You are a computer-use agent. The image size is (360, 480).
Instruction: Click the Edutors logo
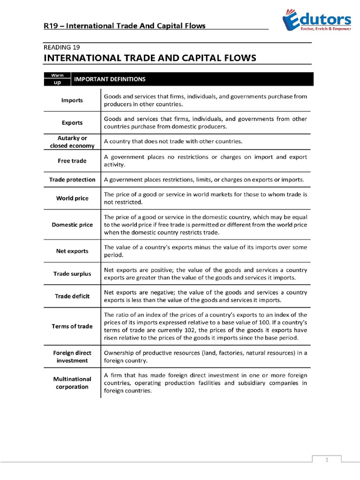[x=316, y=21]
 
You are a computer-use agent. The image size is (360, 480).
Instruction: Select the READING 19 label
[x=61, y=47]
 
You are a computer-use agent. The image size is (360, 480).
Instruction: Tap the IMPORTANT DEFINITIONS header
[x=110, y=79]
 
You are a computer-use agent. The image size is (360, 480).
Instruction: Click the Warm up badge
[x=57, y=79]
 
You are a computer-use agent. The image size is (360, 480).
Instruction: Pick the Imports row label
[x=72, y=100]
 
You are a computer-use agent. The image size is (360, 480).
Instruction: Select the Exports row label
[x=72, y=123]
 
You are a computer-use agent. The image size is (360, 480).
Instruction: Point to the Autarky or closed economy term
[x=72, y=142]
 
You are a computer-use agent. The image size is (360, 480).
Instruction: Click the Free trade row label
[x=72, y=161]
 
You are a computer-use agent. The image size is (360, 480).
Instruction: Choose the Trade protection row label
[x=72, y=180]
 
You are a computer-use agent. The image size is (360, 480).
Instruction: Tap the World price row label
[x=72, y=198]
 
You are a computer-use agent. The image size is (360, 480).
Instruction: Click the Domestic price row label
[x=72, y=225]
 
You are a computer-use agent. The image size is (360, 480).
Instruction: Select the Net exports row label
[x=72, y=251]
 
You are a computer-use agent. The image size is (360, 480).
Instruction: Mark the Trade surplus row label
[x=72, y=273]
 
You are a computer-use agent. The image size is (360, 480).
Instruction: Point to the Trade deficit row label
[x=72, y=296]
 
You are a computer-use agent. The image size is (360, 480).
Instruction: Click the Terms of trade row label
[x=72, y=326]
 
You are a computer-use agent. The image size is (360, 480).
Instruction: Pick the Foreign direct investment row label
[x=72, y=357]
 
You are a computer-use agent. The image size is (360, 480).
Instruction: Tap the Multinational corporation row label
[x=72, y=383]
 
